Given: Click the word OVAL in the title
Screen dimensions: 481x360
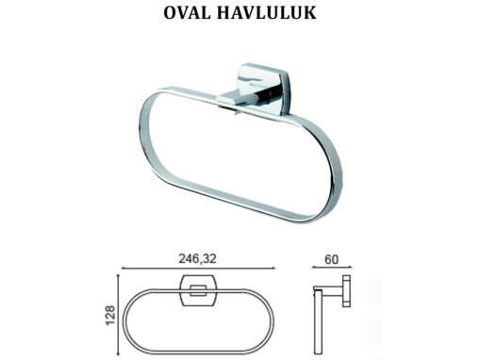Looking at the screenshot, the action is pos(187,13).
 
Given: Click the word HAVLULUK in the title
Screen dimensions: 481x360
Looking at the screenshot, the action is pos(266,13).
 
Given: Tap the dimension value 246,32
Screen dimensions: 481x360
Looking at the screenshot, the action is pos(198,259).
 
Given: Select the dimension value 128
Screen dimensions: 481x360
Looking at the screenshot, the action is pos(110,315).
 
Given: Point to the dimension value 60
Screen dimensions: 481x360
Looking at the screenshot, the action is pos(332,259).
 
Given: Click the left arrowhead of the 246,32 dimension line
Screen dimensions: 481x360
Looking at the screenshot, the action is pos(124,268).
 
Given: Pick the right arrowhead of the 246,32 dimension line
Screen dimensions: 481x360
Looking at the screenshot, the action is pos(273,268).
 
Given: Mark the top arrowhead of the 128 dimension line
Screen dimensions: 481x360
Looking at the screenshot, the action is pos(119,277).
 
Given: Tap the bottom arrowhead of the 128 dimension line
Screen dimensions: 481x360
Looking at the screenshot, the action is pos(119,352).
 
